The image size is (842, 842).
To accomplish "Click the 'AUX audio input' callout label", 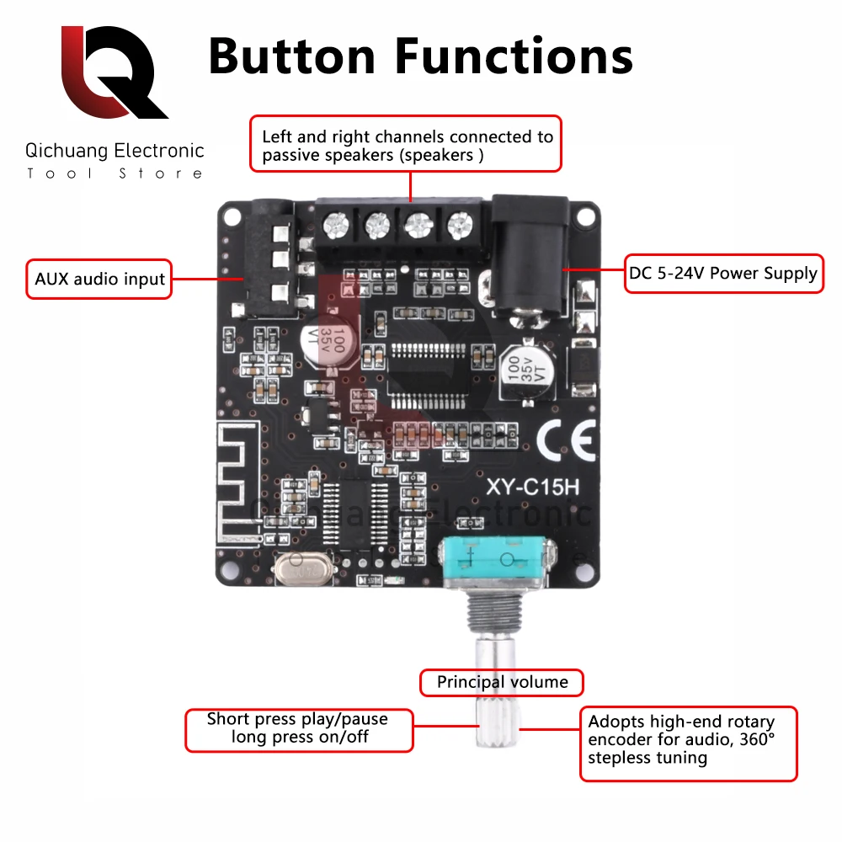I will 99,279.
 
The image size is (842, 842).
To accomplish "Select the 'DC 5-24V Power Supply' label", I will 723,273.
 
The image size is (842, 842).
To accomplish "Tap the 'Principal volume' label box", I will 502,682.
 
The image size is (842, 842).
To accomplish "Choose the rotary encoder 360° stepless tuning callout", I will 688,740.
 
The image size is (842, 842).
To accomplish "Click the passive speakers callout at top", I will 407,145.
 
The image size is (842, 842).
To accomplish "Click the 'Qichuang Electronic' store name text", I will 115,152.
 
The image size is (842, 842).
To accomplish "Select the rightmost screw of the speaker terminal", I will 459,224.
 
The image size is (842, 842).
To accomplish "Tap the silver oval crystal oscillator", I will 300,570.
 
